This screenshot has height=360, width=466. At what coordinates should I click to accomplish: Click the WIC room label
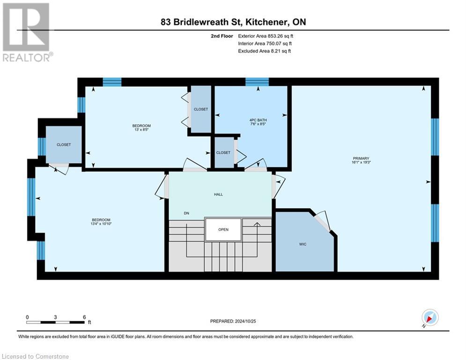[303, 244]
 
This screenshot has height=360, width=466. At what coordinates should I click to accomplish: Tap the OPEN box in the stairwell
[223, 230]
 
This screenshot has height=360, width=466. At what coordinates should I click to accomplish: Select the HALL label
[218, 194]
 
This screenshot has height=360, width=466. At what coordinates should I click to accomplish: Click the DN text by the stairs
[186, 213]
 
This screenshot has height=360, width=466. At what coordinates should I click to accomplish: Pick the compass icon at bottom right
[429, 318]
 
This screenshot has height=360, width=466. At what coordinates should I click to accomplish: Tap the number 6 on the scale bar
[84, 317]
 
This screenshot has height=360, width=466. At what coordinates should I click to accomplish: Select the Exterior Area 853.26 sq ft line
[266, 36]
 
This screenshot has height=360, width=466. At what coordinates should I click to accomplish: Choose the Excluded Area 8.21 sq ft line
[264, 51]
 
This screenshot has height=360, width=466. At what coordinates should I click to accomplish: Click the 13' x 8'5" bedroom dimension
[141, 130]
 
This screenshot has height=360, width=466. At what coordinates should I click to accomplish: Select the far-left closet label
[64, 144]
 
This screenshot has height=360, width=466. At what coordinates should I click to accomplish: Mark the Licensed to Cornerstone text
[35, 356]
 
